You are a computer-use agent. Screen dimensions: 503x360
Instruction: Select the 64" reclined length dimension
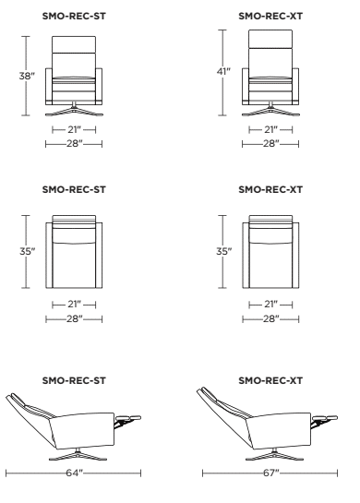[73, 473]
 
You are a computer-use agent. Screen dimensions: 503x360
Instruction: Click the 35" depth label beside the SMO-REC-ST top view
[25, 250]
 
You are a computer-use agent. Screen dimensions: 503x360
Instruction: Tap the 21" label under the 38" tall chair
[74, 131]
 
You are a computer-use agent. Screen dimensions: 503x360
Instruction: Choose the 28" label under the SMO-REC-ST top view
[74, 317]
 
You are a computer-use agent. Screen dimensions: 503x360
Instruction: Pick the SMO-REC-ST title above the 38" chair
[74, 16]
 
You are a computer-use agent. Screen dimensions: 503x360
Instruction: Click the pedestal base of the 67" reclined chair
[277, 455]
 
